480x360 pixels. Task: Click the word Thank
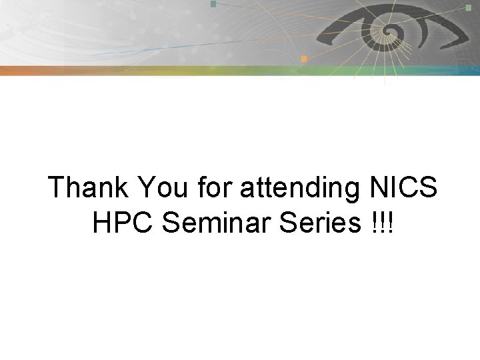click(x=89, y=188)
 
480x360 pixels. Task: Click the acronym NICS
click(x=403, y=188)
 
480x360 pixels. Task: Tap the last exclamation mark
click(x=391, y=224)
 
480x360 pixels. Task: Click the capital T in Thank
click(x=57, y=188)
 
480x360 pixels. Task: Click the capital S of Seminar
click(x=171, y=224)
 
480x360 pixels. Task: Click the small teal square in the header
click(x=213, y=4)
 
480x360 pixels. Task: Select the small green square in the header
click(x=468, y=7)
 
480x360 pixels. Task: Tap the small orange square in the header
click(x=303, y=59)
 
